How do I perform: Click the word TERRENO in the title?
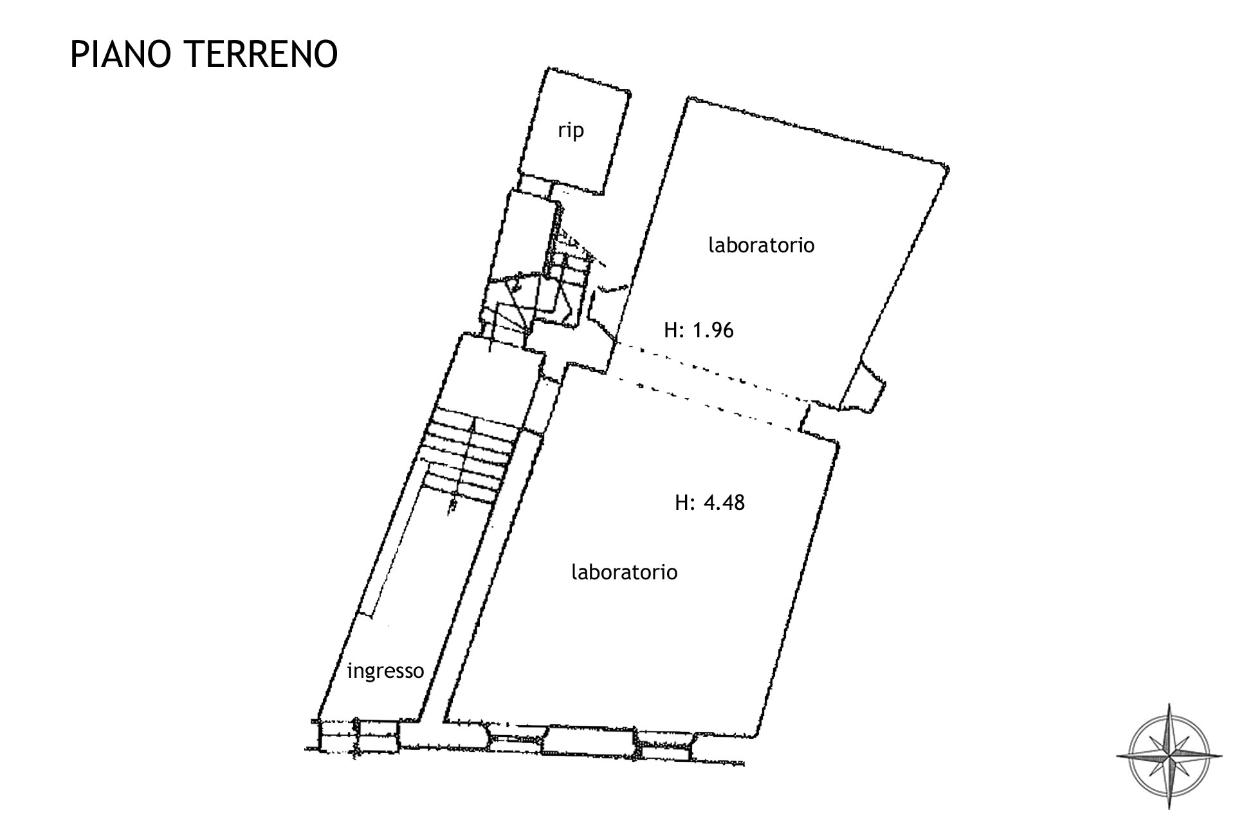[262, 54]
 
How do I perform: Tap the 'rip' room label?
[571, 131]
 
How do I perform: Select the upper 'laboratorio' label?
[762, 245]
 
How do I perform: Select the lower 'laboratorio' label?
[625, 572]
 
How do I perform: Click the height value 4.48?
[724, 502]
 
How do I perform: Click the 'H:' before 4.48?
[686, 502]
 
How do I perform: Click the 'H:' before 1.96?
[675, 330]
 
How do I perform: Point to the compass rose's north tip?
[1170, 704]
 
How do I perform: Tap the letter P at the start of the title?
[78, 54]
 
